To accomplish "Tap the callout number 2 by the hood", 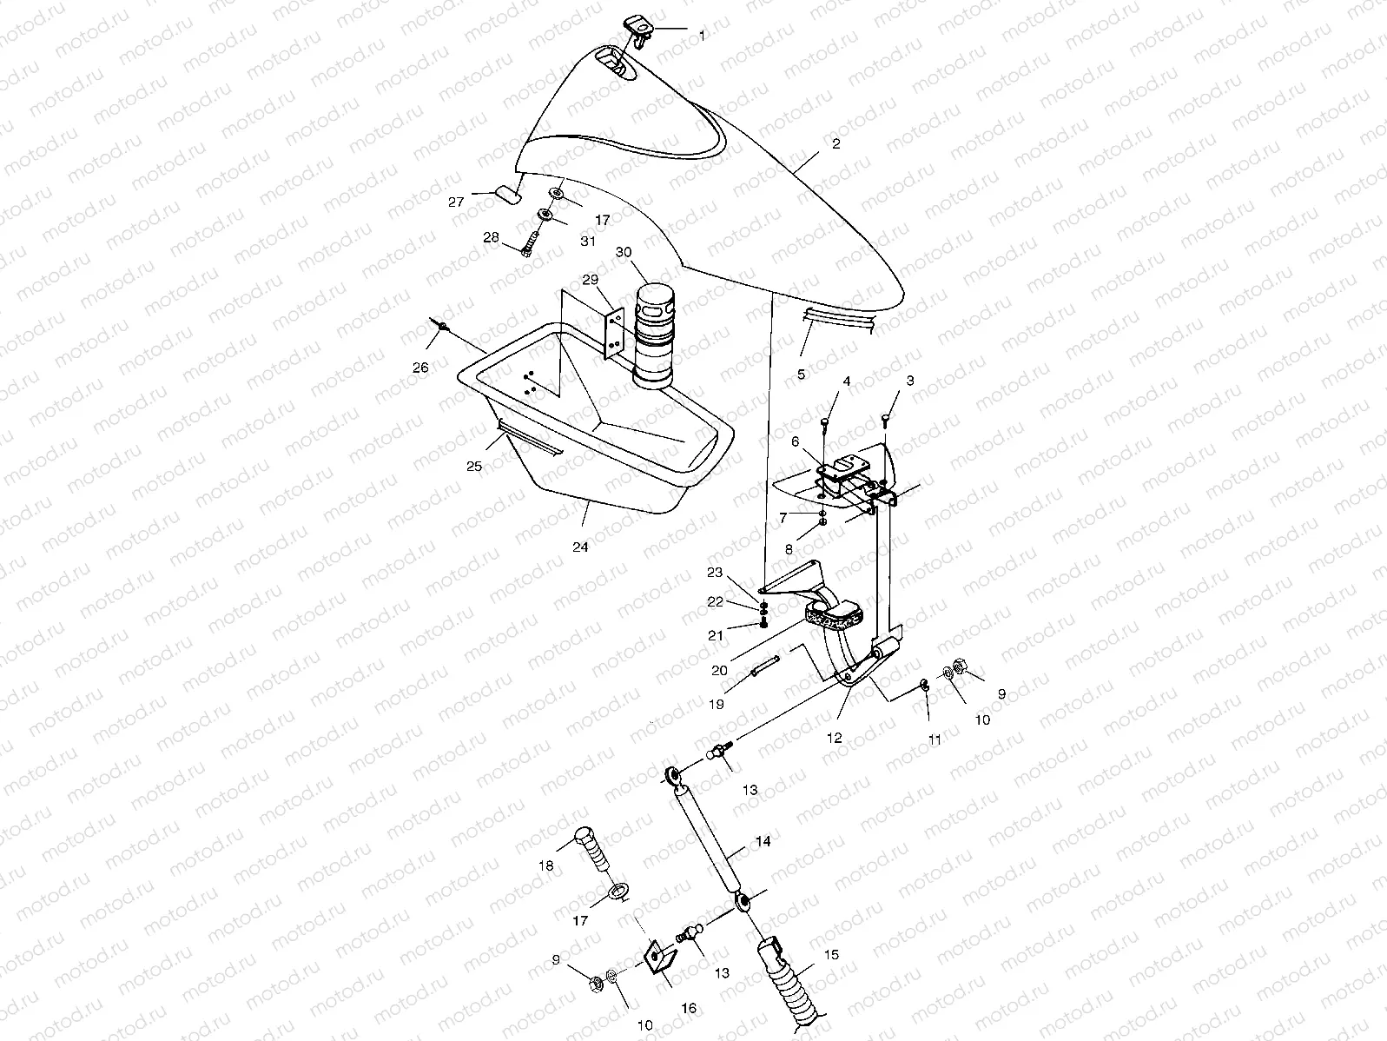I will (x=836, y=144).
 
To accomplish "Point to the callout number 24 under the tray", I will (x=579, y=547).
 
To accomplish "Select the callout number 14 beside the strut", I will (x=763, y=841).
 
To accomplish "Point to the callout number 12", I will (x=835, y=738).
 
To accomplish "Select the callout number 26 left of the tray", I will (x=420, y=368).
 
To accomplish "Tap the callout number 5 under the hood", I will (x=801, y=375).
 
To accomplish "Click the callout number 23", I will (x=714, y=573).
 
